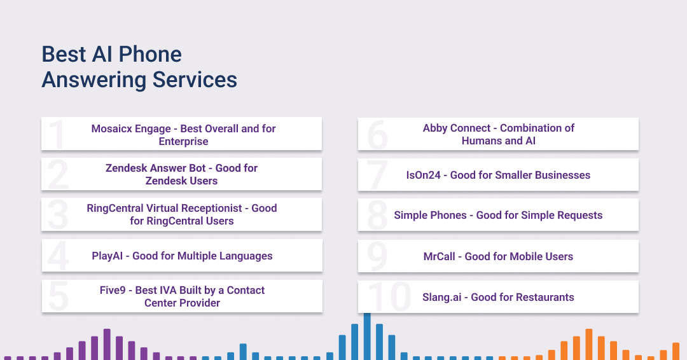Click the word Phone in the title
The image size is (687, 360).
click(x=150, y=54)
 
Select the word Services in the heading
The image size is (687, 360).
click(x=195, y=80)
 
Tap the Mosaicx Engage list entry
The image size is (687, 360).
click(x=184, y=135)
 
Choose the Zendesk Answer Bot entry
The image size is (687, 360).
click(x=181, y=174)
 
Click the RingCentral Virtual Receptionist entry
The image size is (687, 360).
click(x=182, y=214)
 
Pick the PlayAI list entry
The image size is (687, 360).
click(x=183, y=256)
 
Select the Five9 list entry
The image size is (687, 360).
click(x=183, y=296)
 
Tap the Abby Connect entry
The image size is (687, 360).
click(x=499, y=134)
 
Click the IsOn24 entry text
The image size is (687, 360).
click(x=498, y=175)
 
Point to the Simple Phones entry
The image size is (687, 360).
click(x=498, y=215)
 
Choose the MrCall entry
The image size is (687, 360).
click(x=498, y=256)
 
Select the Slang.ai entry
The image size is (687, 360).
click(x=498, y=297)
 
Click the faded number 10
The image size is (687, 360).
click(x=389, y=297)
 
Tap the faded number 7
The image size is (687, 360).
click(x=377, y=175)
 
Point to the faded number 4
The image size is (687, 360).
click(x=59, y=256)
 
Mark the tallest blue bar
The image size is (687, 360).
click(x=367, y=336)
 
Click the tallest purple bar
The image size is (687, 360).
click(x=107, y=344)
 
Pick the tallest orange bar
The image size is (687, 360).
click(x=589, y=344)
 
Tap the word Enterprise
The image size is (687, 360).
click(x=184, y=141)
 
